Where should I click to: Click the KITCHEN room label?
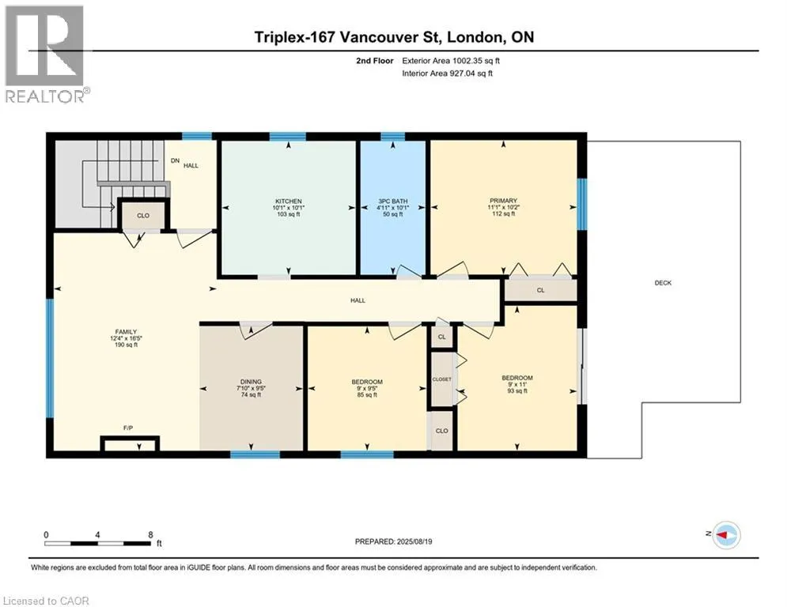[x=289, y=202]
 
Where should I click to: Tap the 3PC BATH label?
[x=392, y=202]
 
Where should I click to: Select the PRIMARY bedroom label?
[x=503, y=201]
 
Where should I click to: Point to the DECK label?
[x=663, y=283]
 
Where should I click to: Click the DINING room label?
[x=251, y=382]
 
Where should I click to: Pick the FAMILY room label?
[x=126, y=332]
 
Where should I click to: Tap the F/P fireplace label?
[x=128, y=428]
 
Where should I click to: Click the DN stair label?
[x=175, y=160]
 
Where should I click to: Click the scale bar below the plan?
[x=98, y=543]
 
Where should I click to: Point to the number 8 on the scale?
[x=150, y=535]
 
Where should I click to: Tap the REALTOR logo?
[x=45, y=55]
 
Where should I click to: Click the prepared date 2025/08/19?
[x=414, y=541]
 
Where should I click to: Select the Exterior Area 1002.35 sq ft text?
[x=451, y=61]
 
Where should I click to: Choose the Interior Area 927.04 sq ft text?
[x=447, y=74]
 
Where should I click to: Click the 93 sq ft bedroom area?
[x=517, y=390]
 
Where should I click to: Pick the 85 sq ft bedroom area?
[x=367, y=395]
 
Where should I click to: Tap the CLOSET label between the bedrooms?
[x=441, y=379]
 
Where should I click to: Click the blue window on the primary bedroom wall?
[x=581, y=204]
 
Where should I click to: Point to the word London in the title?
[x=475, y=37]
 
